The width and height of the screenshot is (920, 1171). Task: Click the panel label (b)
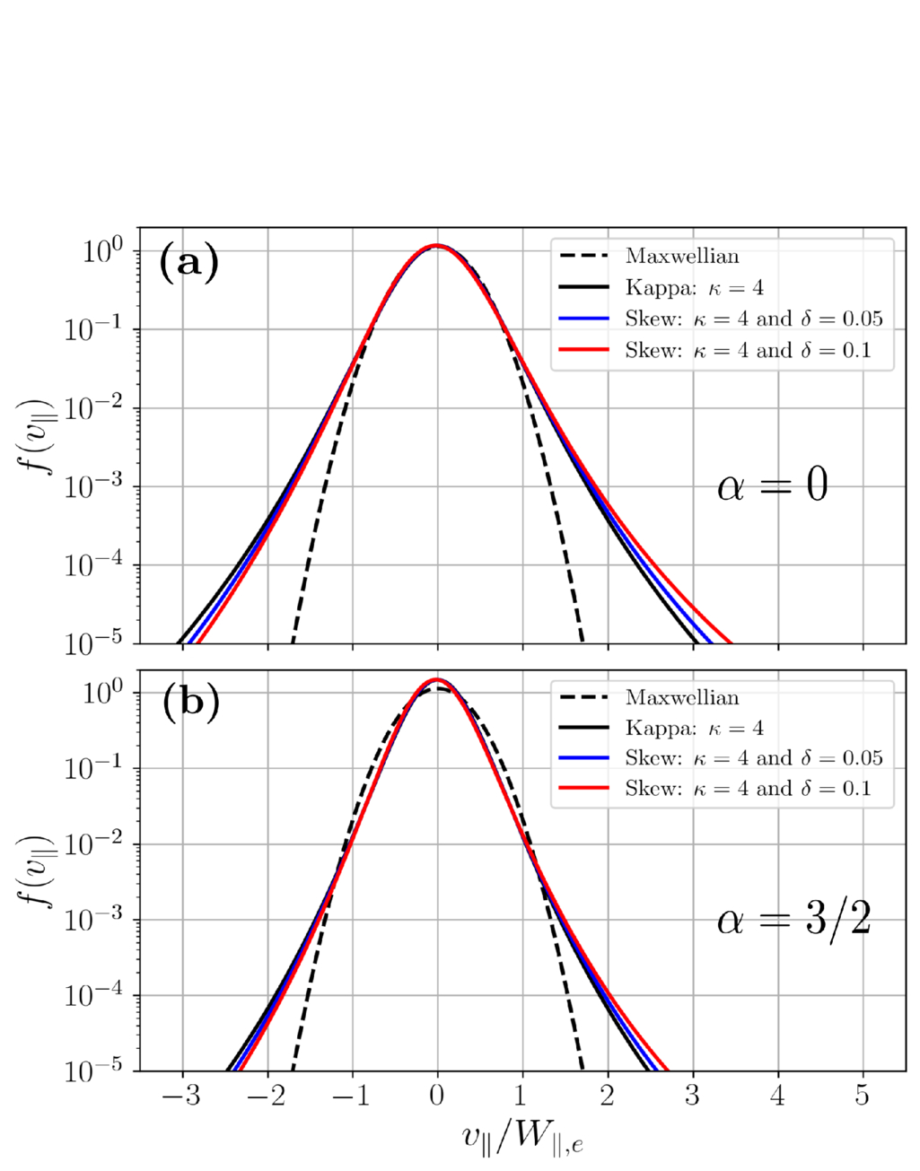click(189, 703)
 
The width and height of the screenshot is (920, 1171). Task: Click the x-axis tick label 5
click(862, 1094)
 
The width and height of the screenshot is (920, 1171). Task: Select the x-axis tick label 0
click(437, 1094)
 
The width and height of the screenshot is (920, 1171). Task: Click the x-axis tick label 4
click(777, 1094)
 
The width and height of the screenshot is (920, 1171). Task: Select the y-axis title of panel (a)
click(36, 436)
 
